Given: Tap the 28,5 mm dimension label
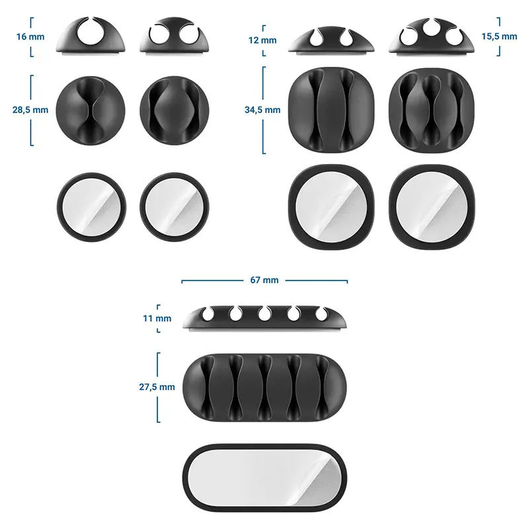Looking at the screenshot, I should click(x=30, y=110).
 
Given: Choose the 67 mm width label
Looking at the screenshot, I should click(x=264, y=280).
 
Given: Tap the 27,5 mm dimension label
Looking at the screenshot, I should click(x=157, y=387).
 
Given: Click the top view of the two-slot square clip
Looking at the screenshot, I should click(x=331, y=109).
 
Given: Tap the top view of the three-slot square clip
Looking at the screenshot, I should click(x=432, y=109).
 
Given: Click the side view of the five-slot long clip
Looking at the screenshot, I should click(x=264, y=317).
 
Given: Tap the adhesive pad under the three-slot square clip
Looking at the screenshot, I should click(x=432, y=206).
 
